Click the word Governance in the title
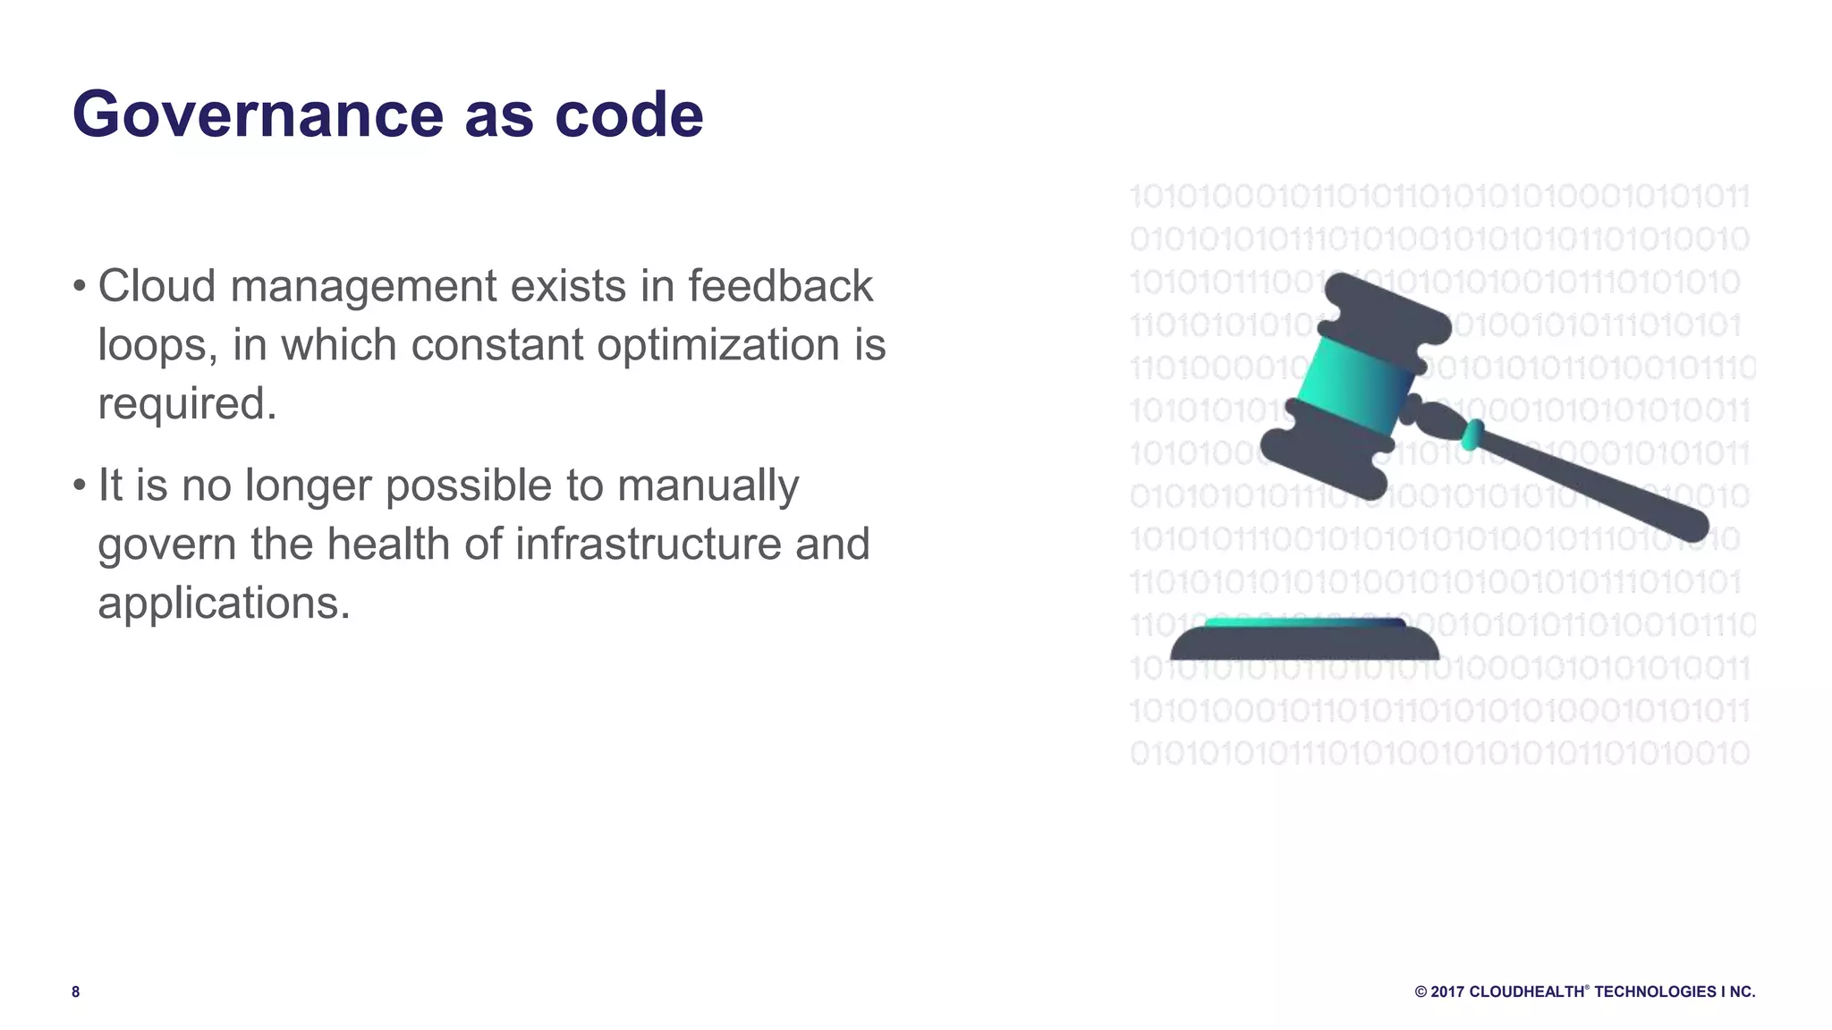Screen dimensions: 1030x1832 point(258,114)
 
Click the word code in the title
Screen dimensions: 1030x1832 point(629,114)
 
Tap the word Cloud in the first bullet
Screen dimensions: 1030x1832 point(157,286)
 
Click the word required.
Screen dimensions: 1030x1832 point(186,404)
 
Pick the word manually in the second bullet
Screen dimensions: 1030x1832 point(708,485)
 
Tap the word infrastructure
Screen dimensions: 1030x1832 point(648,545)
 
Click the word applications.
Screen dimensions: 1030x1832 point(224,604)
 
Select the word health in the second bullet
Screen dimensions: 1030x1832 point(387,545)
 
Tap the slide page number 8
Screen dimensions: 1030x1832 point(76,992)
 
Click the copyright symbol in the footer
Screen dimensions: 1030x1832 point(1421,992)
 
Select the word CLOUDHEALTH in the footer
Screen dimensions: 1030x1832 point(1526,992)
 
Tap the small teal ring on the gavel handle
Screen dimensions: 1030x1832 point(1471,435)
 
